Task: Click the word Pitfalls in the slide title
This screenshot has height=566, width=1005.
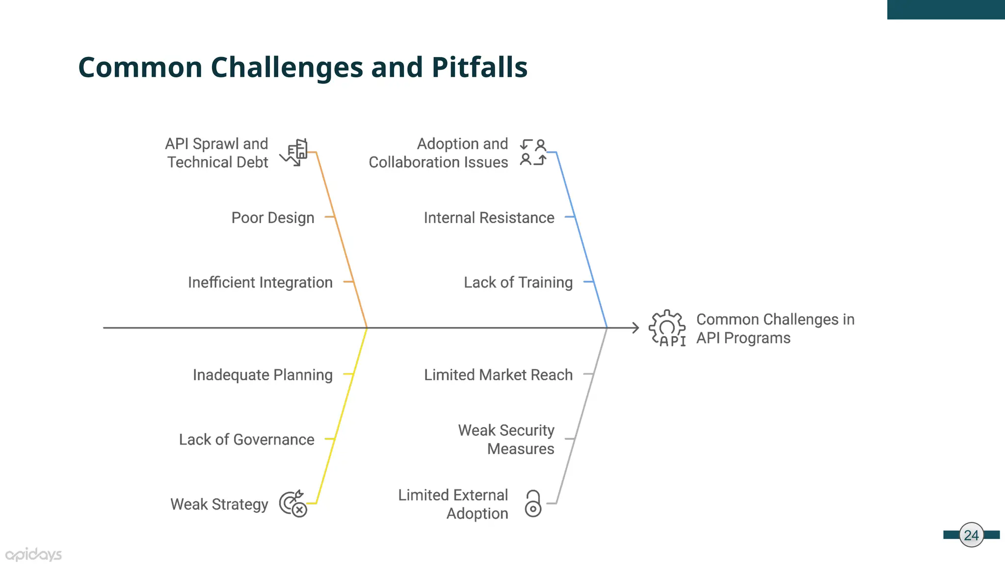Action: point(479,67)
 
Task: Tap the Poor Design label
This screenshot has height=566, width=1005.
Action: point(272,218)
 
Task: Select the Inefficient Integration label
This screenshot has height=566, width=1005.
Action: point(260,283)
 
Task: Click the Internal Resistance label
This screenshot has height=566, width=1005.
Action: point(489,218)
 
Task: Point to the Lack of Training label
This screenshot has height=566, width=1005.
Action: point(518,283)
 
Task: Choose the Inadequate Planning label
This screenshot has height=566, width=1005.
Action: point(263,375)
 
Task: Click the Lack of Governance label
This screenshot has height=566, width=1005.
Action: point(246,440)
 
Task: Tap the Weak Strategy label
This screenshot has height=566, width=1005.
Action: point(219,505)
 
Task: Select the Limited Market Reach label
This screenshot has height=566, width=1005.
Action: point(498,375)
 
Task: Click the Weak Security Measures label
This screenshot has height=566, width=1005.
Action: point(507,439)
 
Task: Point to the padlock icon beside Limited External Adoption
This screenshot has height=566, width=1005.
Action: point(533,503)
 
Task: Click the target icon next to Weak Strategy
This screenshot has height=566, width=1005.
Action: point(293,504)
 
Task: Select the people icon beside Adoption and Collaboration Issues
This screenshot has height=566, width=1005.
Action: point(533,152)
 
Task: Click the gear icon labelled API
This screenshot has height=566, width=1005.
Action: point(667,328)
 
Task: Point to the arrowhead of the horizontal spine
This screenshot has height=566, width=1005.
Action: point(636,328)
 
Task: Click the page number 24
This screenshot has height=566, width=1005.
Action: point(971,535)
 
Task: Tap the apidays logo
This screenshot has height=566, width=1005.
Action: point(33,555)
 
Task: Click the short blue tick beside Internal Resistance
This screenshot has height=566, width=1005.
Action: point(569,217)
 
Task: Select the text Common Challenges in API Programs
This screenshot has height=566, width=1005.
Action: point(775,329)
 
